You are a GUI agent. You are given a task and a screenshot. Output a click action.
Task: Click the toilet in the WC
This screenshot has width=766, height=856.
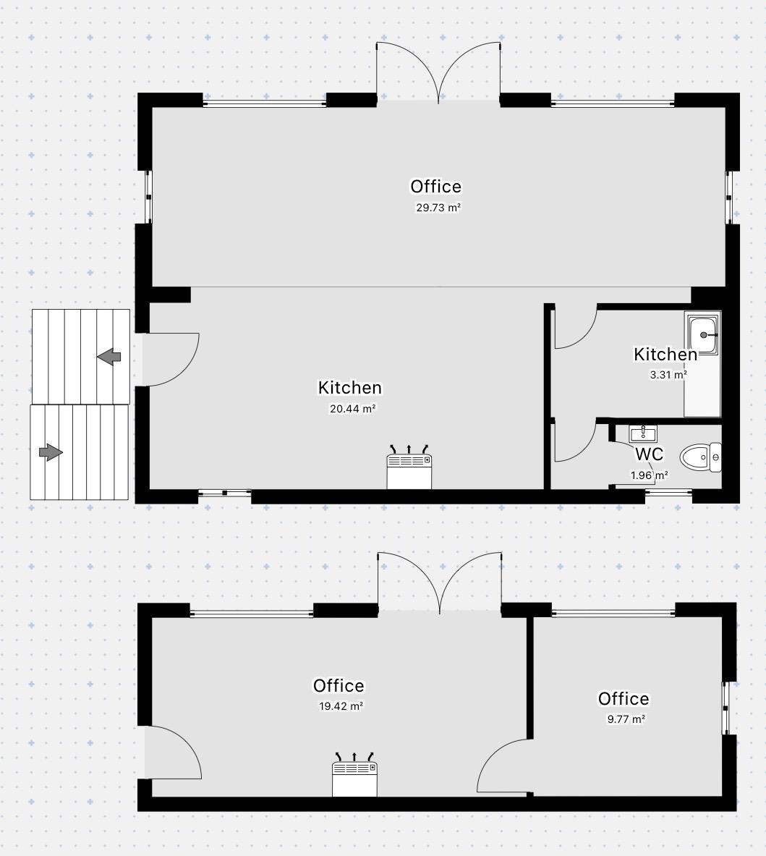(x=701, y=457)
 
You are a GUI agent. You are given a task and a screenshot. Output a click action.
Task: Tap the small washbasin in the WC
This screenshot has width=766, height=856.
(x=643, y=433)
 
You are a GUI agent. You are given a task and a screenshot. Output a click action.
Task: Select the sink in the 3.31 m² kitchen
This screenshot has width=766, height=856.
(x=703, y=334)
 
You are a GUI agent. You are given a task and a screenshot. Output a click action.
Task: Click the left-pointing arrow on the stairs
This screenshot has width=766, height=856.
(x=109, y=357)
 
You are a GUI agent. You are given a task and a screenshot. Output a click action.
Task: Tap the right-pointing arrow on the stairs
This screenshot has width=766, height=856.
(x=51, y=452)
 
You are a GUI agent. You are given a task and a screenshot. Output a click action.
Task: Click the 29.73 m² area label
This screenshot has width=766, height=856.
(x=438, y=208)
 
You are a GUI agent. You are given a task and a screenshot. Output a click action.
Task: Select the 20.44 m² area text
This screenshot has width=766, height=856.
(x=352, y=408)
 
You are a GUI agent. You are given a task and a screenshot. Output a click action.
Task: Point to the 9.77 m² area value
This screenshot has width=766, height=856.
(x=626, y=719)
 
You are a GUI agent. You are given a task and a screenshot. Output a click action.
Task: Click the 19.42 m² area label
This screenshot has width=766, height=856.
(x=341, y=706)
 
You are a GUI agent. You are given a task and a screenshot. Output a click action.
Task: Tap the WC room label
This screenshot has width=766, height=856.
(x=650, y=454)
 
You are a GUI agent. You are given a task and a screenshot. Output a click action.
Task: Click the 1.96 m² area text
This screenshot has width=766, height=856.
(x=650, y=475)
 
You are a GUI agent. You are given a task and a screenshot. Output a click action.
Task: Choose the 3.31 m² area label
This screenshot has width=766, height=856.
(x=668, y=375)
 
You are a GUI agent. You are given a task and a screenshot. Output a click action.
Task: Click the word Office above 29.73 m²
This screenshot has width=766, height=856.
(x=436, y=187)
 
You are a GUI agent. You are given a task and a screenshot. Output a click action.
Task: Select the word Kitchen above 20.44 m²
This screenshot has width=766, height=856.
(x=349, y=388)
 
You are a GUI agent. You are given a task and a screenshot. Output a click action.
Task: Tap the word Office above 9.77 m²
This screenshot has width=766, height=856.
(x=624, y=699)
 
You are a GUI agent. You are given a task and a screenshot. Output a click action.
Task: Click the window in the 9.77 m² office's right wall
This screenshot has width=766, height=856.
(x=725, y=708)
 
